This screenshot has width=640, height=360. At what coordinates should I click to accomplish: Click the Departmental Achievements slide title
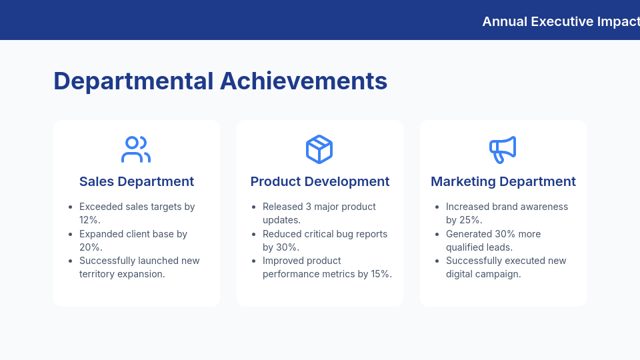point(220,81)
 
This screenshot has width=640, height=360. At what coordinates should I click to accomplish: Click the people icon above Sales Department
point(136,149)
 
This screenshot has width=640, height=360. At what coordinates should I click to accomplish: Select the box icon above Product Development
point(319,149)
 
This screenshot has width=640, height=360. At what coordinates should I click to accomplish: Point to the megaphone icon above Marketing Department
point(503,149)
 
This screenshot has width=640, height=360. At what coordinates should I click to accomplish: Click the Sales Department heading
point(137,181)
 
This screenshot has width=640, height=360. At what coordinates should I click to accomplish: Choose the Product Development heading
point(320,181)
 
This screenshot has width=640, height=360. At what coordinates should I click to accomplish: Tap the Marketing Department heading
point(503,181)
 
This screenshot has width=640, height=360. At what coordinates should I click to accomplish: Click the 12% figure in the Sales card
point(89,220)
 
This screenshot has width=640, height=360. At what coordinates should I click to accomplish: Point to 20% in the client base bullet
point(90,247)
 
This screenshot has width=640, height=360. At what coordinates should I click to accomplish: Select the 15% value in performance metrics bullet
point(378,274)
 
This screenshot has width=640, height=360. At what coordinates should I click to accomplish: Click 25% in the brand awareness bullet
point(471,220)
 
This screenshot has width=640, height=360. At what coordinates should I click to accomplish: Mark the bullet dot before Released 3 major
point(253,207)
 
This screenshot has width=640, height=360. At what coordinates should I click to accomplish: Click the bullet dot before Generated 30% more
point(437,235)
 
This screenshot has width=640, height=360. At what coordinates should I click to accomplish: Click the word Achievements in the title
point(303,81)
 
